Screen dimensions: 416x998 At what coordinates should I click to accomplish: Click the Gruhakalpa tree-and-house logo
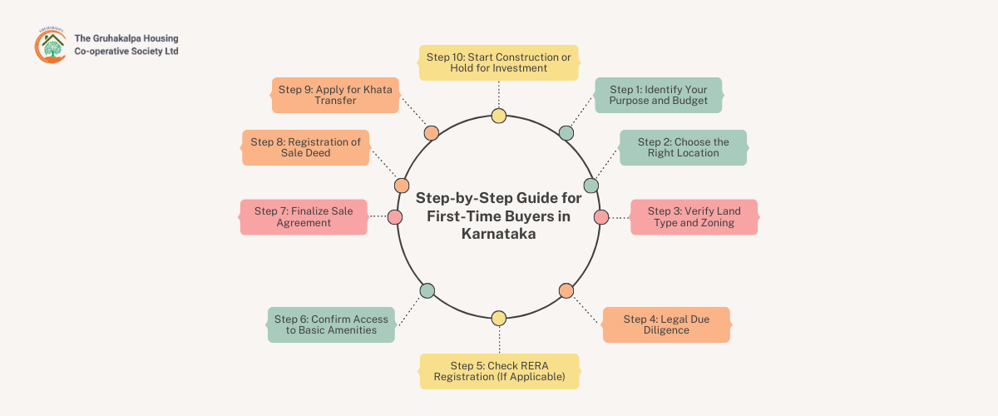pyautogui.click(x=50, y=45)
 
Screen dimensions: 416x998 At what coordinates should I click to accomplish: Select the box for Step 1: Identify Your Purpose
pyautogui.click(x=658, y=95)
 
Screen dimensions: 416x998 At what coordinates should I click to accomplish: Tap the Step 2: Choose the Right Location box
pyautogui.click(x=683, y=147)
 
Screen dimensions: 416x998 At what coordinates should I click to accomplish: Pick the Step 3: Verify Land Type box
pyautogui.click(x=694, y=216)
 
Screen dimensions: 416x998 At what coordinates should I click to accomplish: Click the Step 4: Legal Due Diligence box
pyautogui.click(x=665, y=324)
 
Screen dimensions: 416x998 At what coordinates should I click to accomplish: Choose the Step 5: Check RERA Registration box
pyautogui.click(x=499, y=371)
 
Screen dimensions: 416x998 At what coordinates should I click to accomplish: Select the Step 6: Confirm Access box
pyautogui.click(x=331, y=324)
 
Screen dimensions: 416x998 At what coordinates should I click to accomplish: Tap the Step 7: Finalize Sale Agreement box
pyautogui.click(x=304, y=216)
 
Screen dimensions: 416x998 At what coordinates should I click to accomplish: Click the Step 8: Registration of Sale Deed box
pyautogui.click(x=305, y=147)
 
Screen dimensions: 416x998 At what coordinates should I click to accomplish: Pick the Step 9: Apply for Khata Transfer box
pyautogui.click(x=335, y=95)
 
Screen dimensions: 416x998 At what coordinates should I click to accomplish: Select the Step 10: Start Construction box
pyautogui.click(x=498, y=62)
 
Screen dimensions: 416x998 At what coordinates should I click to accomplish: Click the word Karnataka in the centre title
pyautogui.click(x=499, y=235)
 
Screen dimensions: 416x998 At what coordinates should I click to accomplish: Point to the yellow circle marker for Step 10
pyautogui.click(x=498, y=116)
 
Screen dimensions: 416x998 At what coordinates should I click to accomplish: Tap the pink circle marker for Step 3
pyautogui.click(x=601, y=216)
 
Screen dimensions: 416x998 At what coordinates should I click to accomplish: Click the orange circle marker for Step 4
pyautogui.click(x=566, y=290)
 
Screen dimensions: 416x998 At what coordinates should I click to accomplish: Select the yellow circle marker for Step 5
pyautogui.click(x=498, y=318)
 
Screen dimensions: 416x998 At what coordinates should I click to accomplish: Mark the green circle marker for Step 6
pyautogui.click(x=427, y=290)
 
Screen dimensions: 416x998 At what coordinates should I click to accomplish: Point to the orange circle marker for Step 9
pyautogui.click(x=431, y=133)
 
